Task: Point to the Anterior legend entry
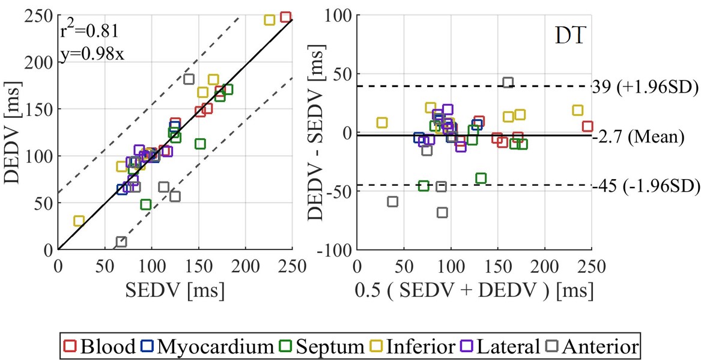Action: [591, 347]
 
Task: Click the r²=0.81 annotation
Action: [89, 30]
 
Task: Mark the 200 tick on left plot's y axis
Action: [40, 63]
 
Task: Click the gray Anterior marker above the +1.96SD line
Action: [508, 82]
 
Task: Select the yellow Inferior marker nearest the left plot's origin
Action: [79, 221]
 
